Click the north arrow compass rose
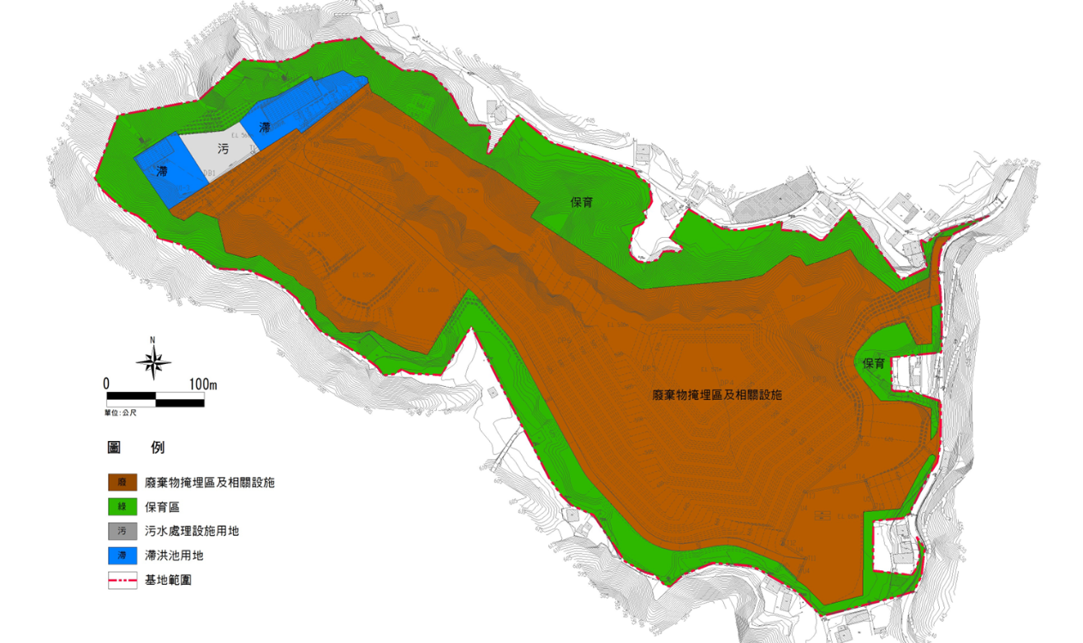point(153,361)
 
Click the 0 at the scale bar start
point(106,384)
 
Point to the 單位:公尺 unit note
point(121,412)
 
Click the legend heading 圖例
point(135,448)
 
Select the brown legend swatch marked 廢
point(123,483)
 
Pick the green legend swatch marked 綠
point(123,508)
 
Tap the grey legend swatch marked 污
point(123,532)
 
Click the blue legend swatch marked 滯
point(123,556)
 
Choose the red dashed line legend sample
point(123,580)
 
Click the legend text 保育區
point(163,508)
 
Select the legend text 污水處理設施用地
point(192,532)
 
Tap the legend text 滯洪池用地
point(174,556)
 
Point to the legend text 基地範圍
point(169,580)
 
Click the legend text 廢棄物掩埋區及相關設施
point(210,483)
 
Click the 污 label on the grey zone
point(223,149)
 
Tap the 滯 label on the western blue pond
point(162,171)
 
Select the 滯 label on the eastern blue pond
point(265,128)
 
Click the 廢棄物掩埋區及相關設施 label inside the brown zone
point(718,396)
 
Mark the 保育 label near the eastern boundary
point(873,364)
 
